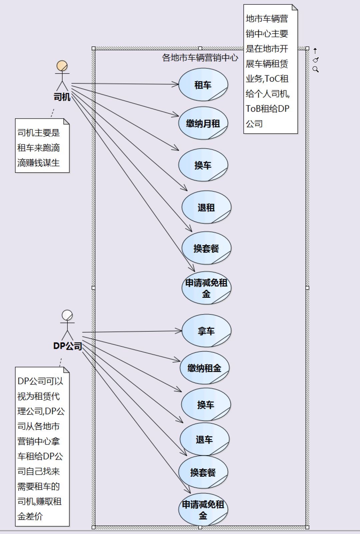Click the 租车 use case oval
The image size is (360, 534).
point(203,85)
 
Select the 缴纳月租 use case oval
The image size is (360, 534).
point(203,123)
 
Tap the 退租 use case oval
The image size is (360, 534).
point(206,207)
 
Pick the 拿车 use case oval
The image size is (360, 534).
point(206,331)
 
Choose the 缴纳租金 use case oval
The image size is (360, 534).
point(204,368)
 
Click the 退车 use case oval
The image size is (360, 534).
point(204,439)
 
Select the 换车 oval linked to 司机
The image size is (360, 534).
point(203,165)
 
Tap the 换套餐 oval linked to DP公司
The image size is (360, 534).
point(203,472)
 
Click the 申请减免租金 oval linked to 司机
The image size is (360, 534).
point(206,288)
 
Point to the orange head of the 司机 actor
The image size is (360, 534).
point(62,66)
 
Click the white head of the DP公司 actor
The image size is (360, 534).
point(67,315)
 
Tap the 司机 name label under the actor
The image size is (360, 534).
point(62,97)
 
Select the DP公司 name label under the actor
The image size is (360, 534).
point(68,346)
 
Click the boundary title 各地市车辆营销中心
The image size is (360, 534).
point(200,58)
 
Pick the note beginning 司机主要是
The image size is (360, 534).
point(42,146)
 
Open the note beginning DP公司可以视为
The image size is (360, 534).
point(42,446)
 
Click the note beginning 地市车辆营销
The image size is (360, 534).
point(270,69)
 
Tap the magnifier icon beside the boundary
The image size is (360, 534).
point(315,69)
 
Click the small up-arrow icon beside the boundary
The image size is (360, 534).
point(315,51)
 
